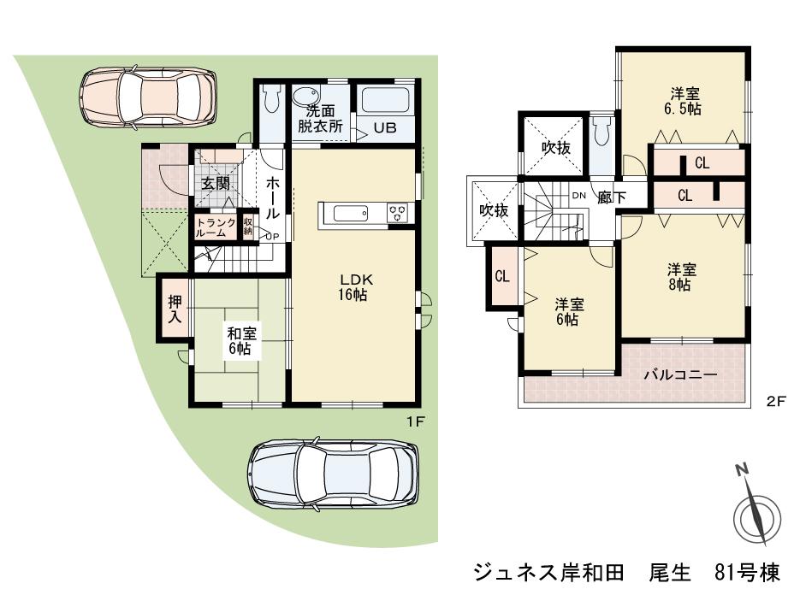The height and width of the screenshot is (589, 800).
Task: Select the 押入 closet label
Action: (175, 309)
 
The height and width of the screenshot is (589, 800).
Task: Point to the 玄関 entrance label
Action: (215, 183)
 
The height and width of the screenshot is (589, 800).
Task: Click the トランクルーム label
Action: (216, 227)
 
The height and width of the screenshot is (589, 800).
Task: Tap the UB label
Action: (383, 129)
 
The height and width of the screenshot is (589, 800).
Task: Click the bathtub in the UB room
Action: (386, 101)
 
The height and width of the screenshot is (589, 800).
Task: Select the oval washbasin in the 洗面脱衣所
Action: (307, 95)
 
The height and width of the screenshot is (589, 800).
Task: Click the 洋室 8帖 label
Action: (681, 277)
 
